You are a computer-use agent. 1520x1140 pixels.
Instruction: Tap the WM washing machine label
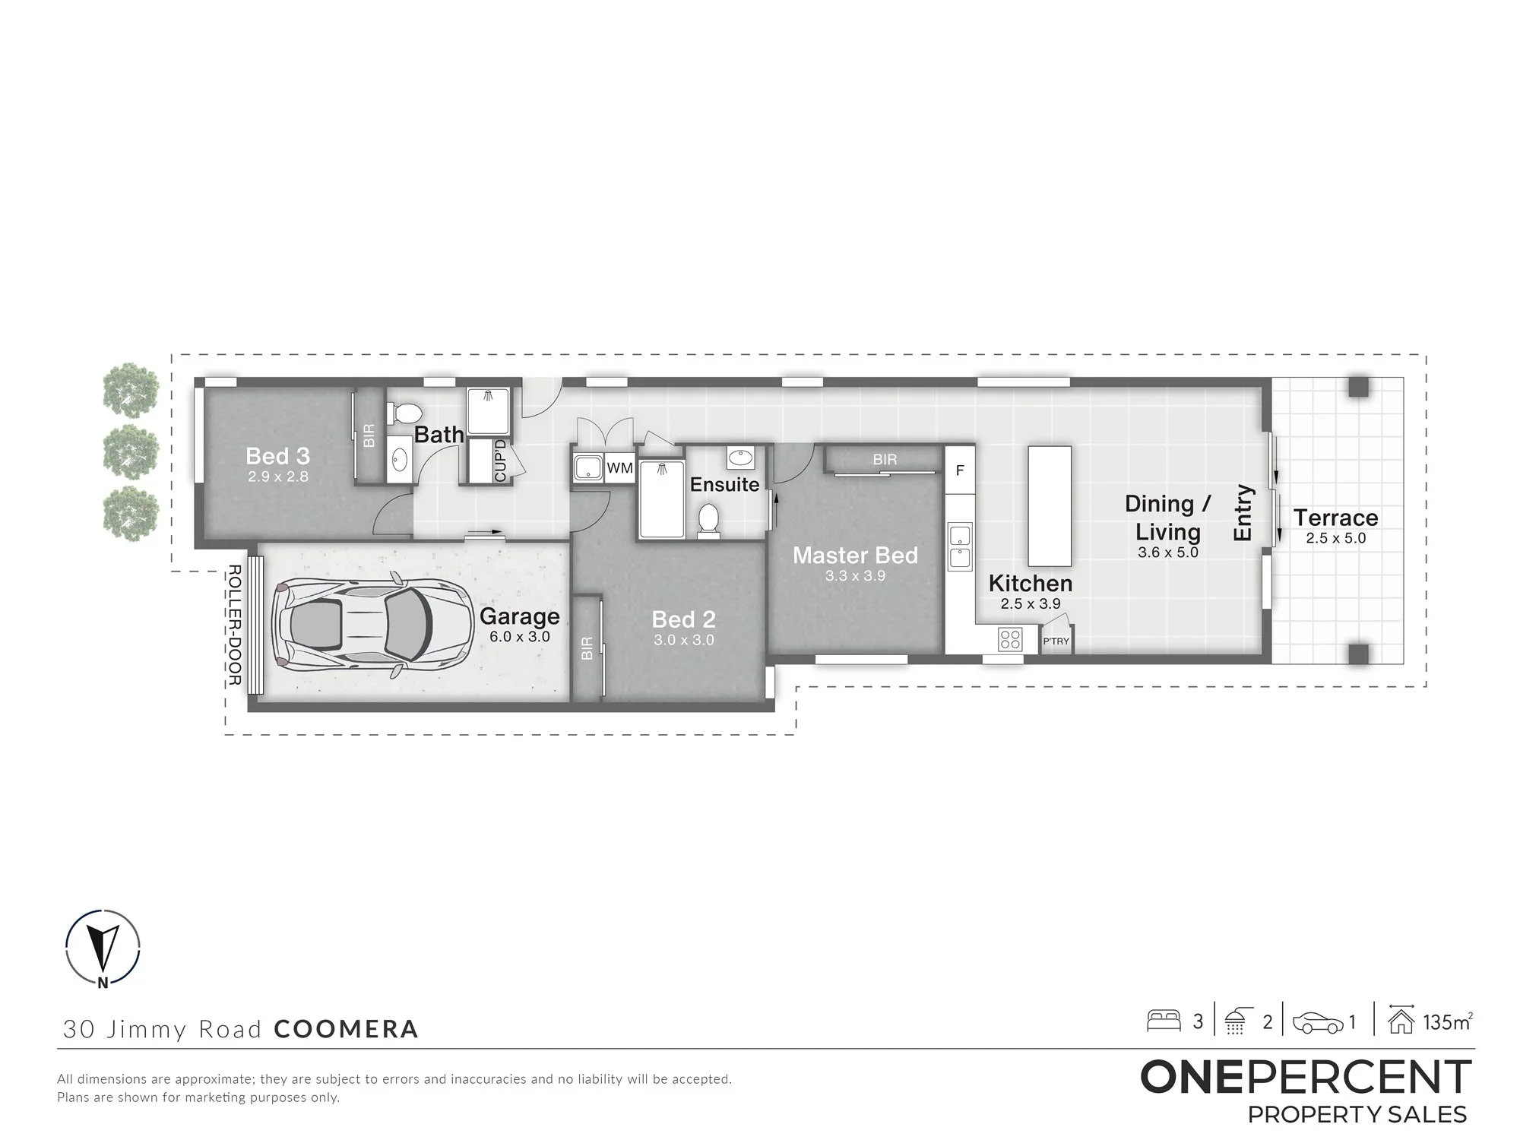click(620, 468)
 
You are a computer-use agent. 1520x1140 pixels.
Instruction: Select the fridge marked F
click(960, 470)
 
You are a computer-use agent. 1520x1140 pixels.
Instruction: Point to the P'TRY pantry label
click(1056, 641)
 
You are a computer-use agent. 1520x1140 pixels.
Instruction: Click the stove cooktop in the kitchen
click(1010, 639)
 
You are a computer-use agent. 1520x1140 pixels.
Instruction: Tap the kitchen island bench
click(1050, 506)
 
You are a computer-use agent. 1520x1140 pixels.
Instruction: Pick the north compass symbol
click(103, 948)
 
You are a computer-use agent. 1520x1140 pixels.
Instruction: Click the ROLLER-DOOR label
click(235, 625)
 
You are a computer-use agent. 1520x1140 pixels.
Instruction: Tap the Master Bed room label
click(855, 556)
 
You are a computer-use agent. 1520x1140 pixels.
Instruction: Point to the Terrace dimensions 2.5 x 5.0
click(1336, 538)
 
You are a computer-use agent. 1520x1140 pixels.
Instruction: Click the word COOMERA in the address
click(346, 1029)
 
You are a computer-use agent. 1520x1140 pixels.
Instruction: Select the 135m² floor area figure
click(1448, 1022)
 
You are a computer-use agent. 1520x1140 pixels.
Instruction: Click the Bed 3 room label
click(277, 456)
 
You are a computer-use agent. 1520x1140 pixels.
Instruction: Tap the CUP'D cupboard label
click(500, 461)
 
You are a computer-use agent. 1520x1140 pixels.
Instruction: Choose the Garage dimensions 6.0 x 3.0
click(520, 637)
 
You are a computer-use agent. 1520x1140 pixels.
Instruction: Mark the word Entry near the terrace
click(1242, 513)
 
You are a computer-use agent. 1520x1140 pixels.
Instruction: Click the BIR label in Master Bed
click(885, 460)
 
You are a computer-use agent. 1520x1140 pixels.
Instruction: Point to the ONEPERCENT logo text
click(1306, 1077)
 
